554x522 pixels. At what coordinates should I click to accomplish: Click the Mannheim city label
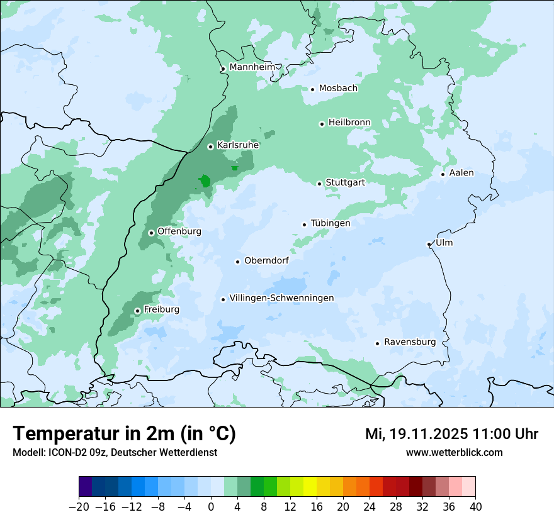pos(252,67)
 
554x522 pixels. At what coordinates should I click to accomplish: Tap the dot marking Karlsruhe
pos(211,147)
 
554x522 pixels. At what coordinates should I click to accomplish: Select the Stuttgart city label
pos(345,183)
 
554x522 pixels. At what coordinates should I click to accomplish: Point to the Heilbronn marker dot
pos(322,124)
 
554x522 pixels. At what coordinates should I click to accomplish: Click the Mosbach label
pos(338,89)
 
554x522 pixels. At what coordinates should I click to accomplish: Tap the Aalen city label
pos(461,173)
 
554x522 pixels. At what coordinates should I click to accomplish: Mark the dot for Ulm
pos(429,244)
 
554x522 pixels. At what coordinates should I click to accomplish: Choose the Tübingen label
pos(331,223)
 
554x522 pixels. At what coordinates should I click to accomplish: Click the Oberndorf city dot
pos(237,262)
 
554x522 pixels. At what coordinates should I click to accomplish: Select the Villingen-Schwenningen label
pos(281,298)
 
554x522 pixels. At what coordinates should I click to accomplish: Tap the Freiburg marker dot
pos(137,311)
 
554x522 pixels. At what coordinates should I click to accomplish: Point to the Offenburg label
pos(179,231)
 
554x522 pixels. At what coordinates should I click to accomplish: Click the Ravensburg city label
pos(410,342)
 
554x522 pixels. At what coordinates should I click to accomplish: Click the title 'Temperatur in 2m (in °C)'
pos(124,434)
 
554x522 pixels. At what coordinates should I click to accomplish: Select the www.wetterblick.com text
pos(454,452)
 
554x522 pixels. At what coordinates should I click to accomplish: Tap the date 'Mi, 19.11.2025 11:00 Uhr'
pos(451,434)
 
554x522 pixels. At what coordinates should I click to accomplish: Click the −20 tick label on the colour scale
pos(79,507)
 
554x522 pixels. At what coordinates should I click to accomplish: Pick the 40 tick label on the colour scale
pos(475,507)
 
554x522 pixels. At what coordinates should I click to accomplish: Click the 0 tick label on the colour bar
pos(211,507)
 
